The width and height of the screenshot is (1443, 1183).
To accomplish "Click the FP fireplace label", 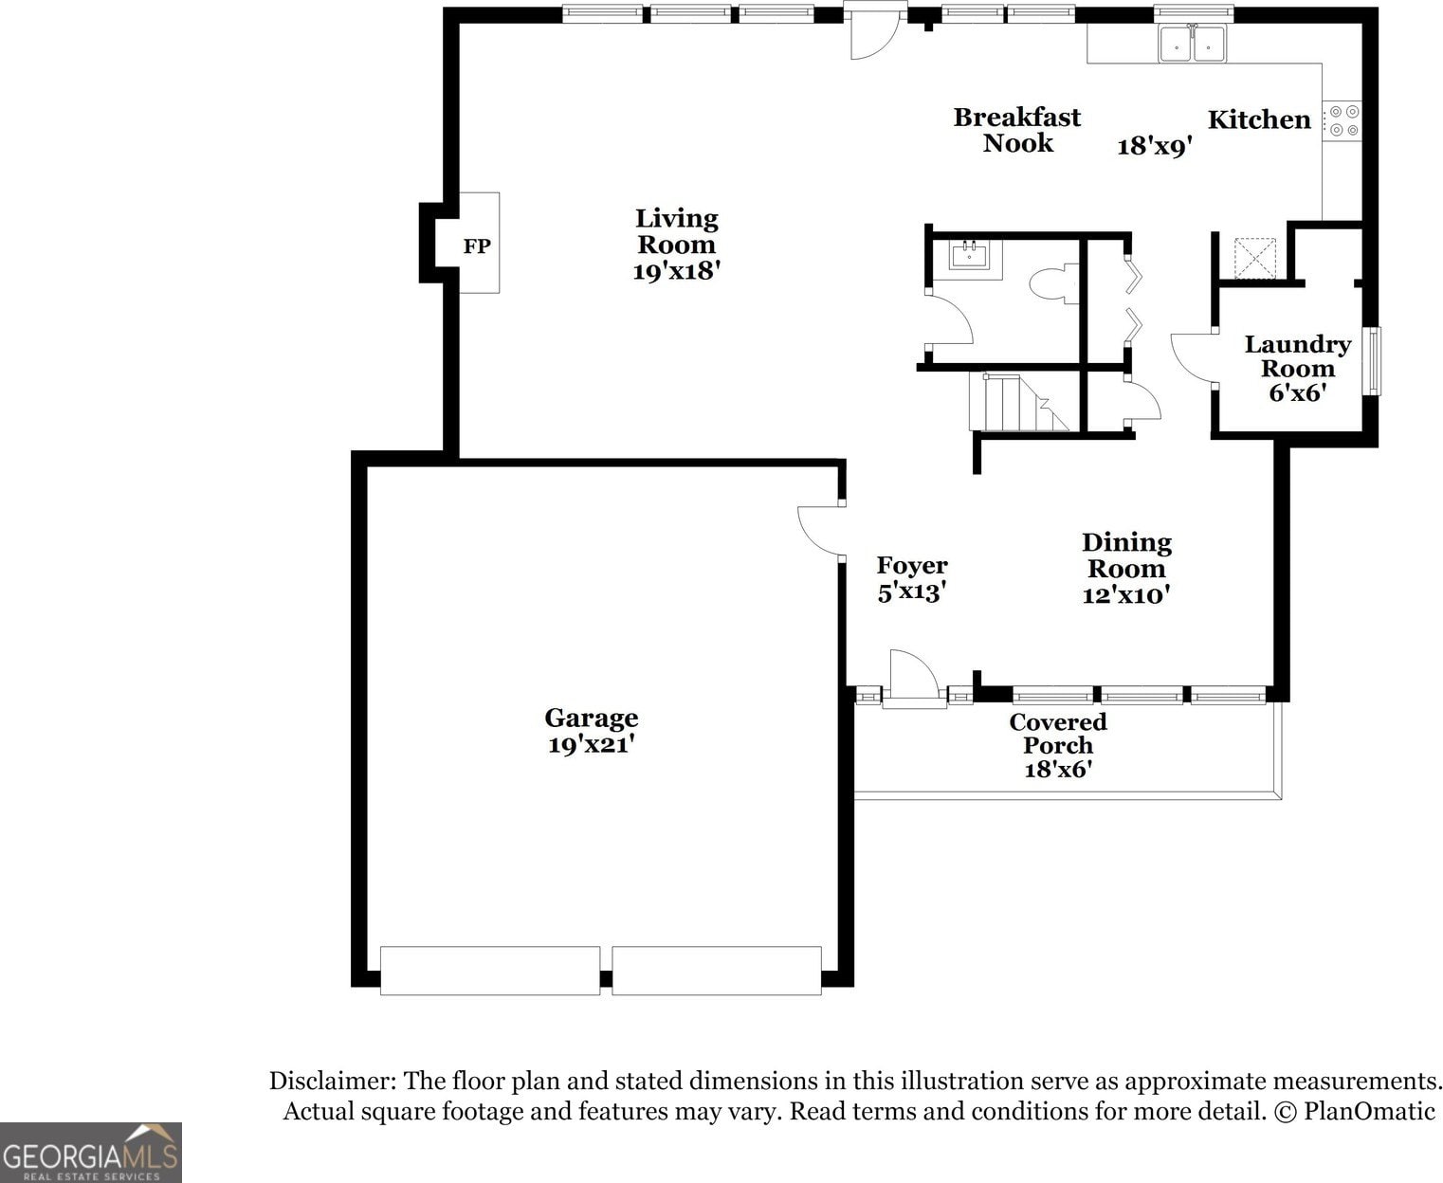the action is click(476, 246).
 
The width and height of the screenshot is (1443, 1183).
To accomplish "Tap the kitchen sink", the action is click(1192, 44).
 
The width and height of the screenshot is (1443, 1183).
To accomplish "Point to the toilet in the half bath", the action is click(1053, 284).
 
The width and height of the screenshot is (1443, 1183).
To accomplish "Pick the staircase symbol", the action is click(1019, 402).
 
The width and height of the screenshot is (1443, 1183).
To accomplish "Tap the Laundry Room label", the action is click(1297, 355).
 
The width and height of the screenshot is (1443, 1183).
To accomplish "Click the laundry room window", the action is click(1371, 361).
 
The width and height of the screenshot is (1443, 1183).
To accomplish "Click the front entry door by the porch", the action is click(914, 674).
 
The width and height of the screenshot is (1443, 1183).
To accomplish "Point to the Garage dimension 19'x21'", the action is click(592, 744).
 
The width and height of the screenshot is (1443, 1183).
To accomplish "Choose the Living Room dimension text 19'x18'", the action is click(676, 271).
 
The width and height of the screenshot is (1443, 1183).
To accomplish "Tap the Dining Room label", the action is click(1126, 555).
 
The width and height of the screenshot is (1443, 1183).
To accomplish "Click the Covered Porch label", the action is click(1058, 733).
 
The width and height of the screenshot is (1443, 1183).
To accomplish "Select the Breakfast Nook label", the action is click(1017, 130).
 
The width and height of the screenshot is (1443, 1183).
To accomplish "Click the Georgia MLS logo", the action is click(91, 1153).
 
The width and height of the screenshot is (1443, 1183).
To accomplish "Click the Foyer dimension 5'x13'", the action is click(912, 591).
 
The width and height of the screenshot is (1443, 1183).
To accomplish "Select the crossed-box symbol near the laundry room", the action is click(1255, 258).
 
